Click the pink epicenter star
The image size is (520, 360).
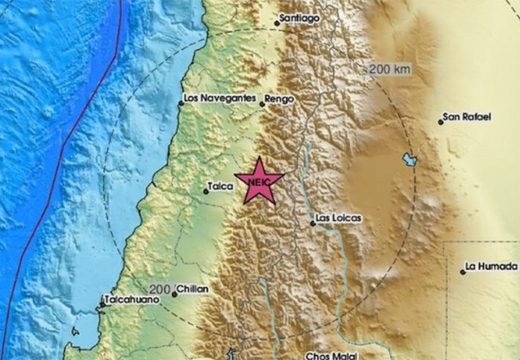click(x=259, y=181)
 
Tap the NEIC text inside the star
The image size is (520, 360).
click(x=259, y=182)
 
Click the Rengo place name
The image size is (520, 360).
click(x=280, y=101)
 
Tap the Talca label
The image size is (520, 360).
click(x=221, y=186)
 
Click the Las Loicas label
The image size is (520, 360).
click(x=337, y=219)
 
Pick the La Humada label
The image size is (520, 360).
click(x=489, y=268)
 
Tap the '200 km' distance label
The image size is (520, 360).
click(x=392, y=68)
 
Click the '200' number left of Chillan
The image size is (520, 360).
click(x=161, y=289)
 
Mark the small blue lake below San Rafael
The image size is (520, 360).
click(x=409, y=160)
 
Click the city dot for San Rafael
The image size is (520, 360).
click(x=441, y=121)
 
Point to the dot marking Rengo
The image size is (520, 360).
click(x=262, y=102)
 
